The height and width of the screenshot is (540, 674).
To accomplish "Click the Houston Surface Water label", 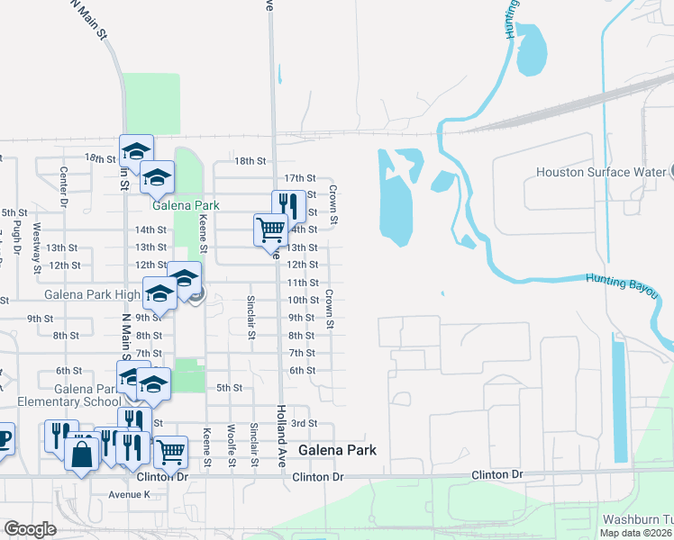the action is pos(600,172).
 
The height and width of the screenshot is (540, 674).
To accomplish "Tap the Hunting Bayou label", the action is pos(622,286).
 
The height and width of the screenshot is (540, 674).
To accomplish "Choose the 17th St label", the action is pos(300,178).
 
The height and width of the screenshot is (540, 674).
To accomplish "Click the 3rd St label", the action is pos(305,423).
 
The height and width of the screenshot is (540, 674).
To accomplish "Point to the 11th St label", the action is pos(302,283).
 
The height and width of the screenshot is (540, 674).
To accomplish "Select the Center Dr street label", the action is pos(64,184).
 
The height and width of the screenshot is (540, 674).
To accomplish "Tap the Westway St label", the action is pos(37,247).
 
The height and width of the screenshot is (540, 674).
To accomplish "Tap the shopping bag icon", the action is pos(82,452).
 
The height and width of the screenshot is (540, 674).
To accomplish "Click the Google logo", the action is pos(30,529).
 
